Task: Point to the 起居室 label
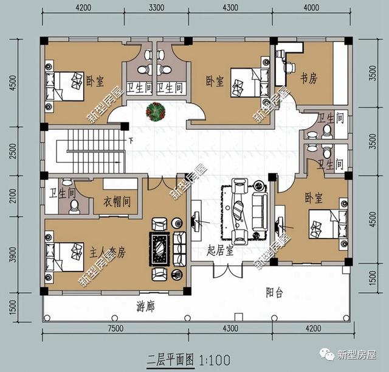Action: pos(221,251)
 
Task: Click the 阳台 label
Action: pos(275,292)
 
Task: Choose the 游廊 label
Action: pos(146,306)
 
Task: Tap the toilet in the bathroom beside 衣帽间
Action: pos(74,207)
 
